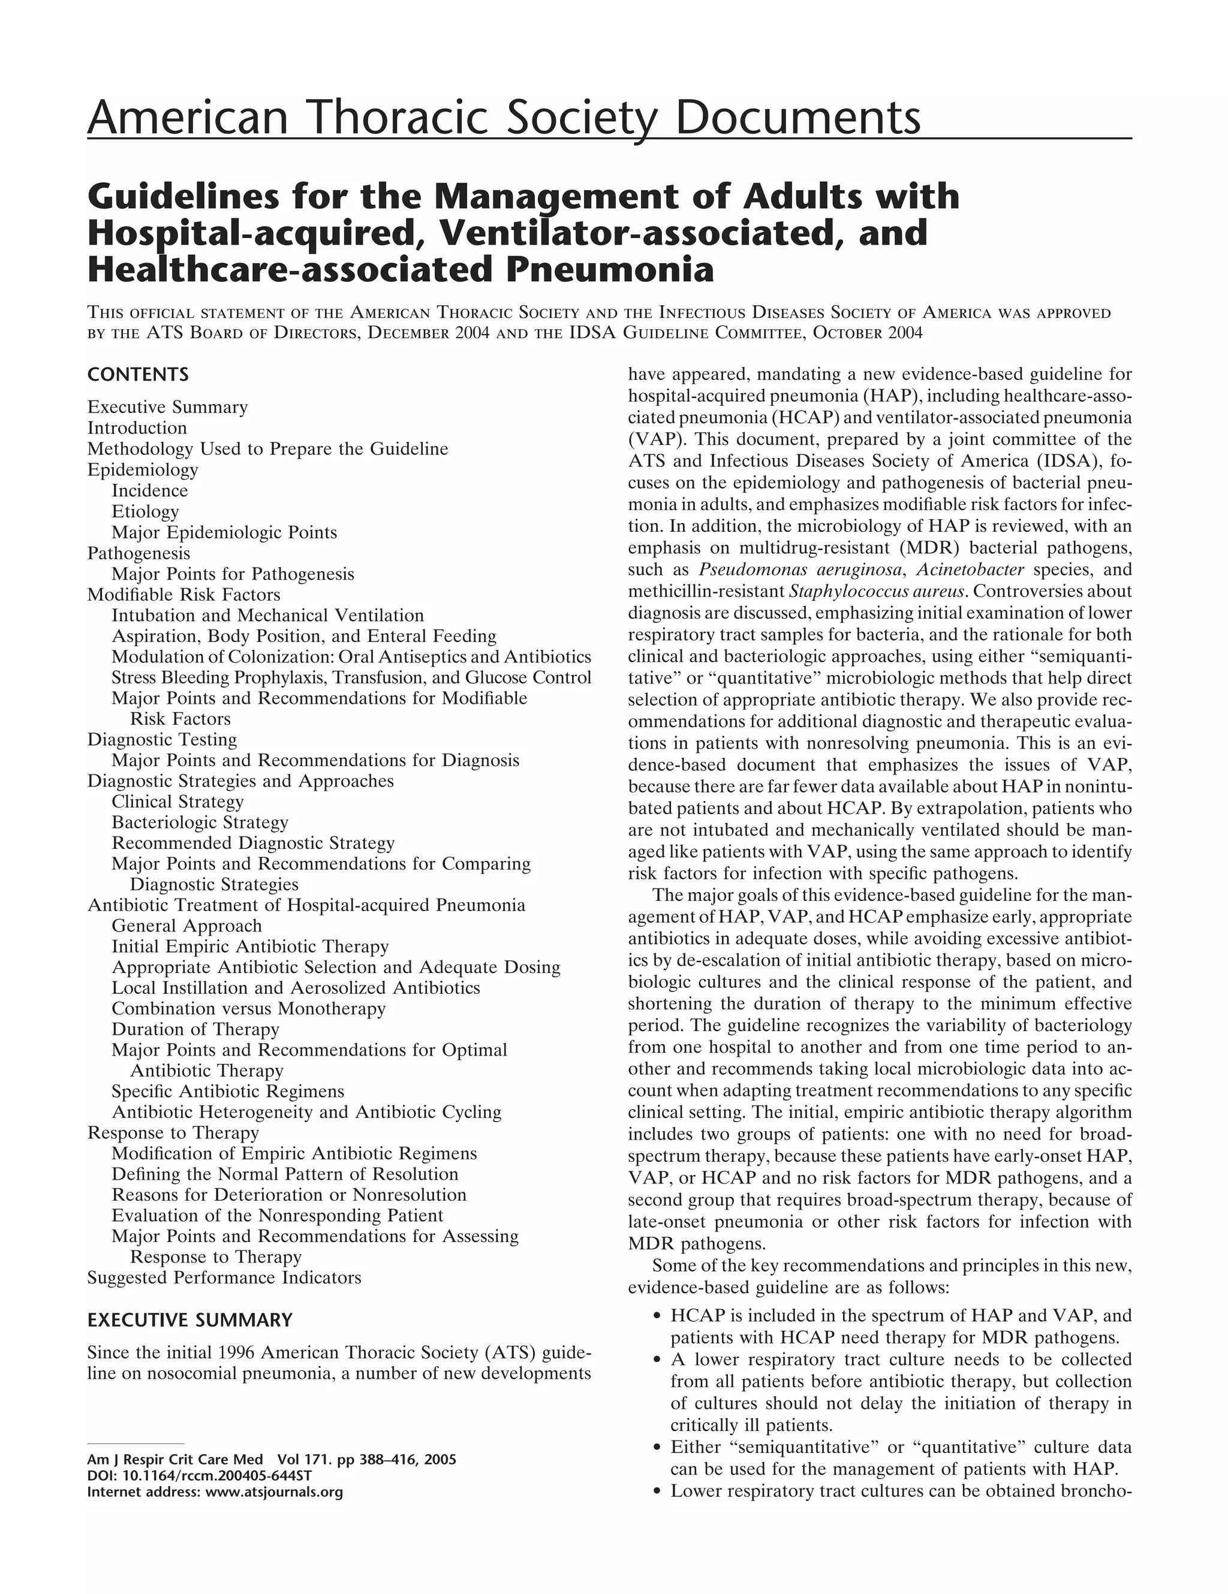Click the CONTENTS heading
pyautogui.click(x=137, y=375)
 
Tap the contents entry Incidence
pyautogui.click(x=150, y=490)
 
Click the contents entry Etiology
pyautogui.click(x=145, y=511)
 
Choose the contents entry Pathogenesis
pyautogui.click(x=139, y=553)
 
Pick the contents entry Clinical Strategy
pyautogui.click(x=177, y=801)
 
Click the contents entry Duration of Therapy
pyautogui.click(x=195, y=1029)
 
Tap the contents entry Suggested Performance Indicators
pyautogui.click(x=224, y=1277)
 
